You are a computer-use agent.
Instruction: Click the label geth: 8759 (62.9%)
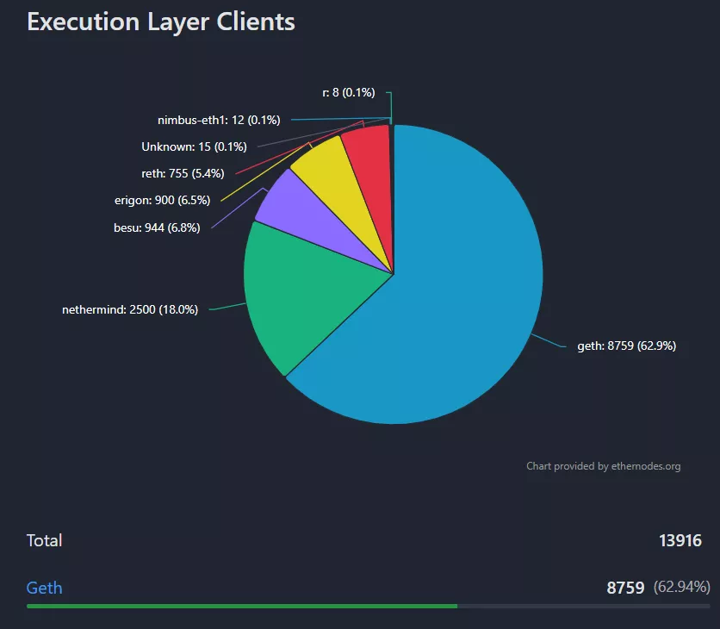click(x=626, y=346)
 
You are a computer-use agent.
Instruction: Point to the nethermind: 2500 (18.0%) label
click(x=130, y=309)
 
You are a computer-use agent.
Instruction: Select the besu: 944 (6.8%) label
click(x=157, y=228)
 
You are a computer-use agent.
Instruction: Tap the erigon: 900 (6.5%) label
click(x=162, y=200)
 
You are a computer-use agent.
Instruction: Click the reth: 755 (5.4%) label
click(x=183, y=173)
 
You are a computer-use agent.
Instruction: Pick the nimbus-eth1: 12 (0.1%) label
click(x=219, y=120)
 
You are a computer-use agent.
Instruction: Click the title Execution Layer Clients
click(x=161, y=22)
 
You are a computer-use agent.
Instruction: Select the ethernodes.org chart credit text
click(x=603, y=466)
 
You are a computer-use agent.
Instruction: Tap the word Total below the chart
click(x=44, y=540)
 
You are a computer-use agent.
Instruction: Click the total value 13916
click(x=680, y=541)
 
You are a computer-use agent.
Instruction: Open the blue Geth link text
click(x=44, y=588)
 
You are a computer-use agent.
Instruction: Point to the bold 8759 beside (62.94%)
click(x=625, y=588)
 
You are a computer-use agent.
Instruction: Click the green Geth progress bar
click(x=241, y=606)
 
